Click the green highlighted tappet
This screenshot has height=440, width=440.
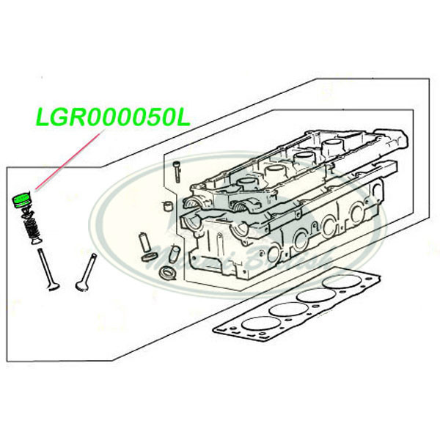(x=21, y=198)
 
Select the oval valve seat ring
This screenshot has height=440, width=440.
(x=166, y=274)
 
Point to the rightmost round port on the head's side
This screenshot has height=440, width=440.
(x=357, y=214)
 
